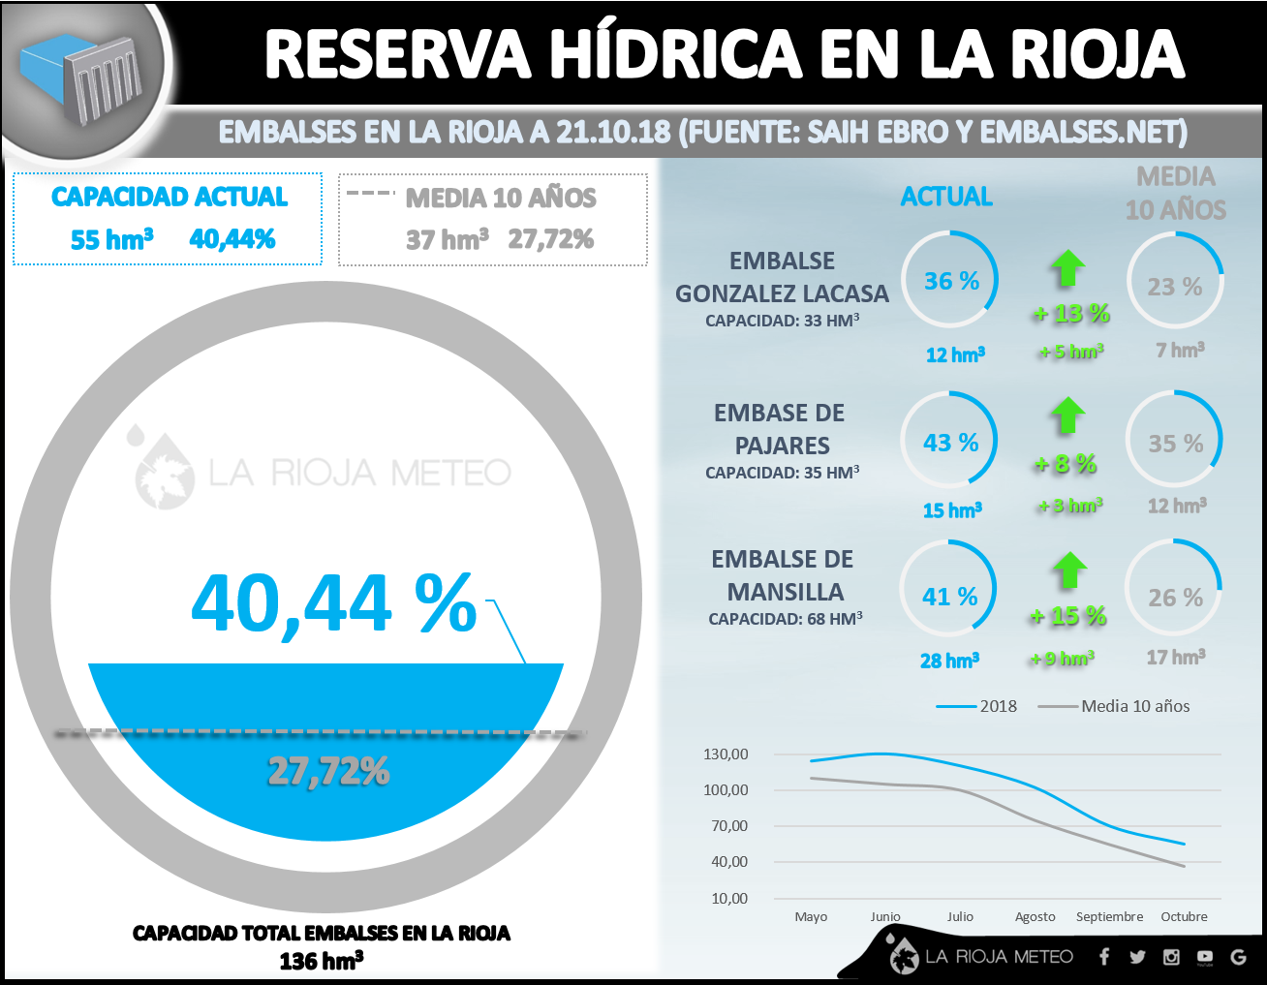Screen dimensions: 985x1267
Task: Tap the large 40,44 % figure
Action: click(x=334, y=603)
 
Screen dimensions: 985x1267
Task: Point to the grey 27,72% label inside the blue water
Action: click(x=328, y=771)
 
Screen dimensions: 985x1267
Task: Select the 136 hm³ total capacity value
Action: click(x=321, y=961)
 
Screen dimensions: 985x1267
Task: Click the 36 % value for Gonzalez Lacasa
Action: click(x=951, y=281)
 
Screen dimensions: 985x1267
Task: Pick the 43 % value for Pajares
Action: click(x=950, y=443)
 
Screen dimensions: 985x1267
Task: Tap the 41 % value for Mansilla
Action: click(x=949, y=597)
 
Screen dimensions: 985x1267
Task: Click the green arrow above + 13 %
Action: click(x=1068, y=267)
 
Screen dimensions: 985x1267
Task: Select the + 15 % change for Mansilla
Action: click(x=1068, y=616)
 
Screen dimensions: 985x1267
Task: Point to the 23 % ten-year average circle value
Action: click(x=1174, y=287)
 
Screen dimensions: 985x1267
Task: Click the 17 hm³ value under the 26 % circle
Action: click(x=1176, y=658)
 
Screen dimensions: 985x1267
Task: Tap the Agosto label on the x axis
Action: click(x=1035, y=916)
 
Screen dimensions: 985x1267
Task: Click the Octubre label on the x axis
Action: click(x=1184, y=916)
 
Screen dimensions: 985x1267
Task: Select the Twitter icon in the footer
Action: click(x=1137, y=957)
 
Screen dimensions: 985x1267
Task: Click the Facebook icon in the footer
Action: click(x=1104, y=957)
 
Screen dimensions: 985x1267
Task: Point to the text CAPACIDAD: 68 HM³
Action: click(x=785, y=619)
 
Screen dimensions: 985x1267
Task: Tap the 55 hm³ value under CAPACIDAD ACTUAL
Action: click(x=112, y=239)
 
